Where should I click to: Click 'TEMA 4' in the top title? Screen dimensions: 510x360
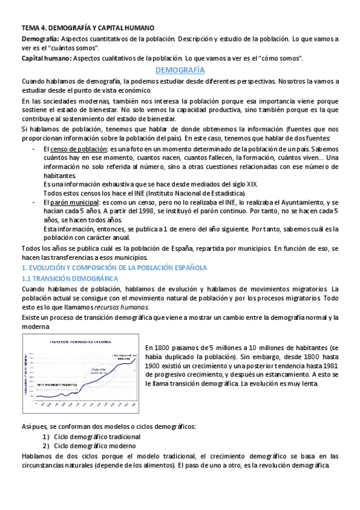(33, 28)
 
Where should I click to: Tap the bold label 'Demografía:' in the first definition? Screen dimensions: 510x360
(38, 38)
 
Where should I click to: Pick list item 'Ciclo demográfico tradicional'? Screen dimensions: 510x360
(97, 437)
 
